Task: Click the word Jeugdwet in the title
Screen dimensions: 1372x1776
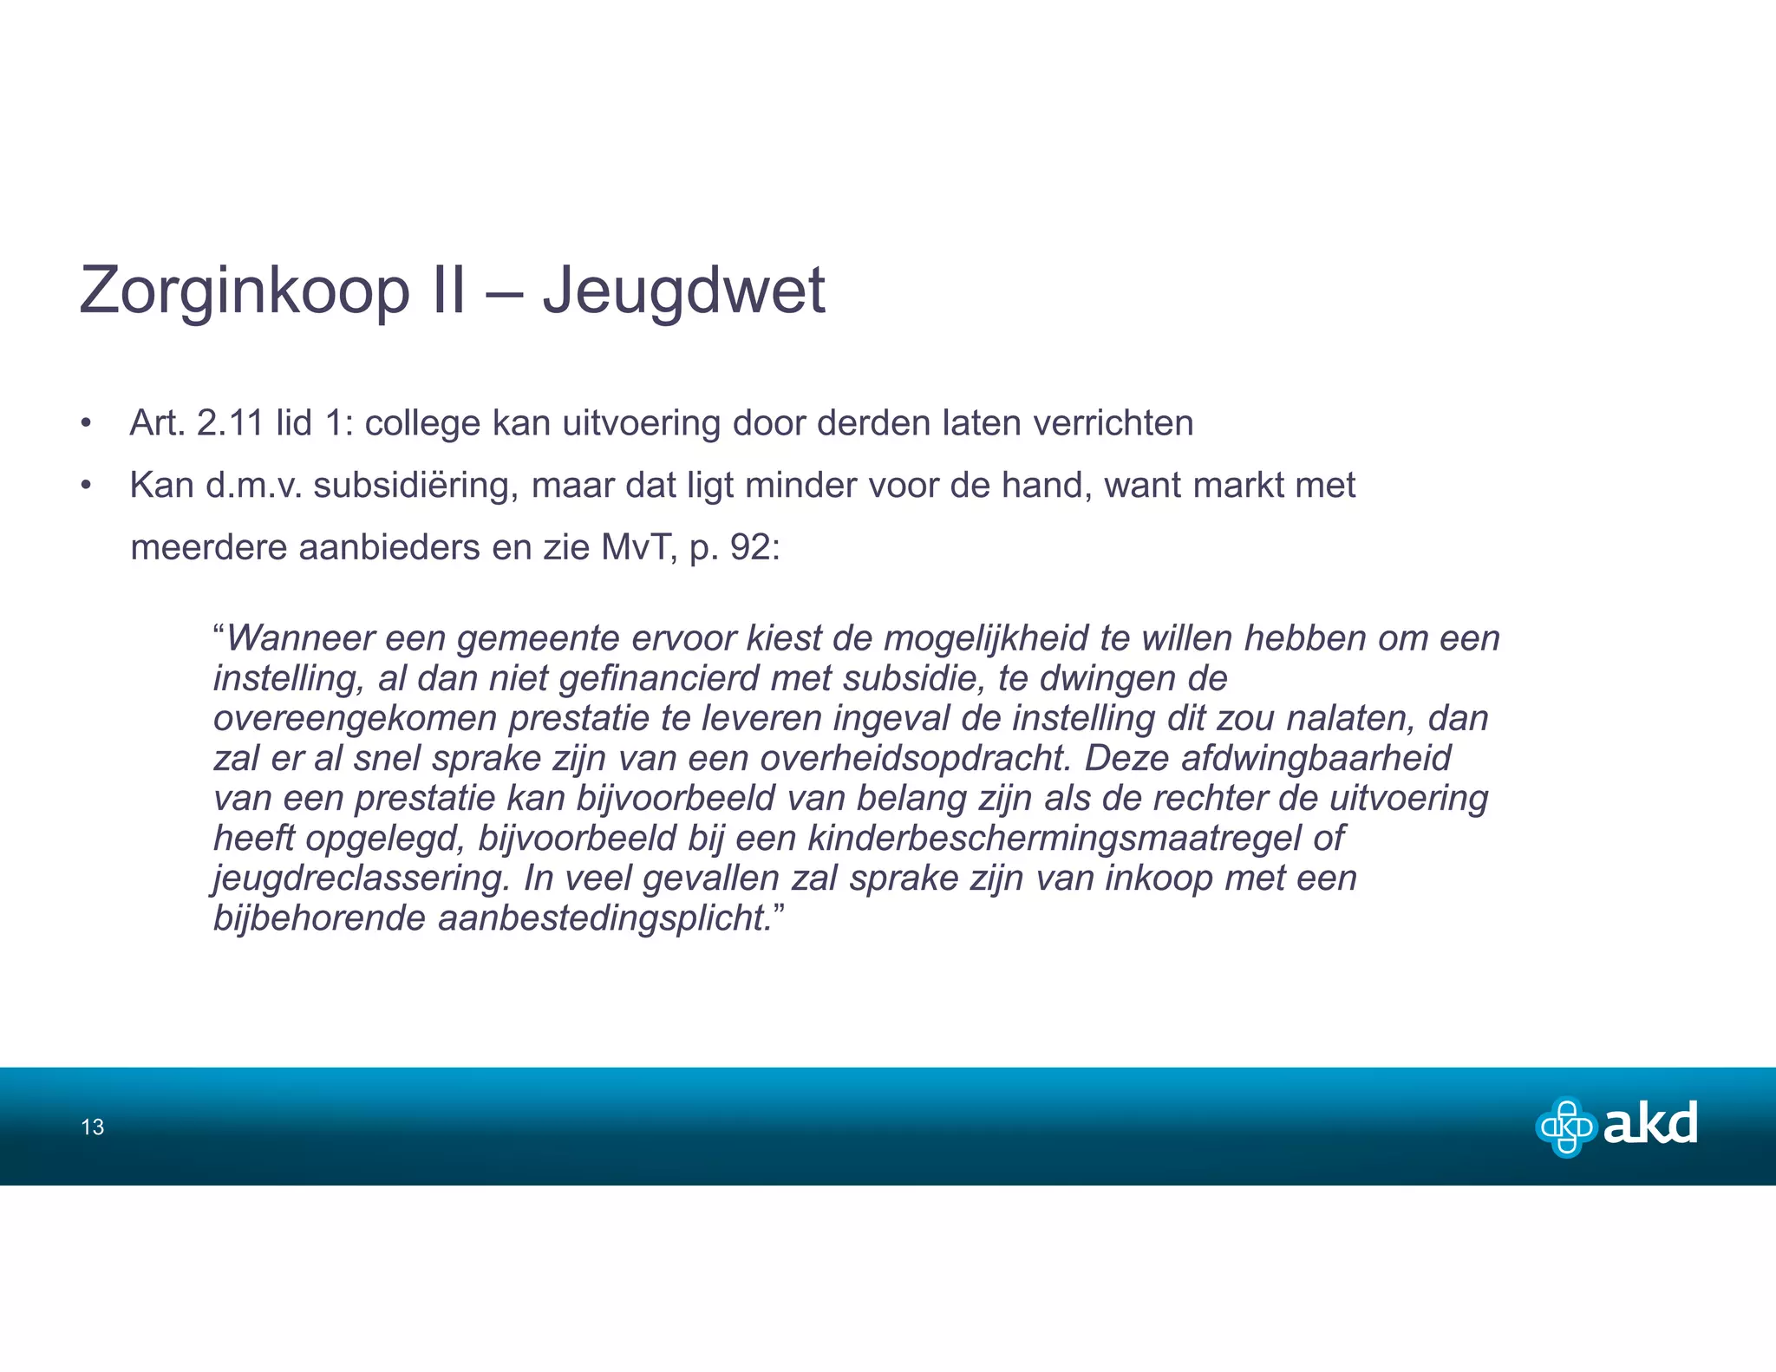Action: tap(683, 291)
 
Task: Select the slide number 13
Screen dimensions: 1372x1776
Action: tap(92, 1127)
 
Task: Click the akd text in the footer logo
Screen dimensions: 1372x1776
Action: tap(1649, 1125)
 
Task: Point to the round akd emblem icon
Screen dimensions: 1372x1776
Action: tap(1566, 1127)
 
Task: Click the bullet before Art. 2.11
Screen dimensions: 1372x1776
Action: tap(85, 424)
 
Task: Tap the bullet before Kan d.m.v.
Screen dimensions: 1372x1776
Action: tap(85, 486)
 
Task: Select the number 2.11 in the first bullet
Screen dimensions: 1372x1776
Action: tap(230, 424)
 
